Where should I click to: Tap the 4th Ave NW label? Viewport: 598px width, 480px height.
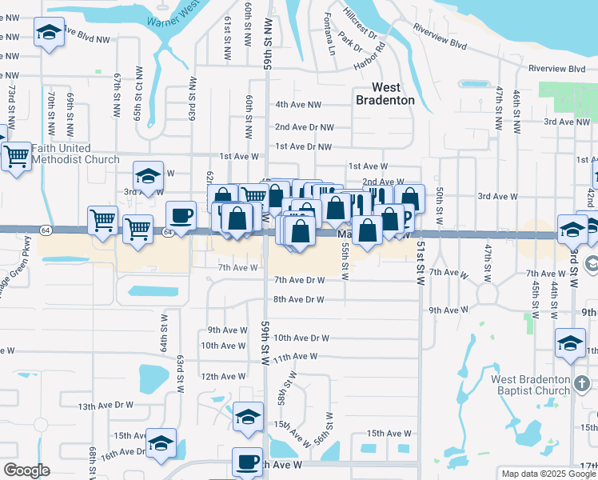tap(298, 105)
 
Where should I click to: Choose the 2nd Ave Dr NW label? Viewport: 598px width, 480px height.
tap(304, 127)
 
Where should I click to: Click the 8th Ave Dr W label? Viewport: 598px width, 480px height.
tap(299, 300)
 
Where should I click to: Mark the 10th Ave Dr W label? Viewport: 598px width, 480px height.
tap(301, 338)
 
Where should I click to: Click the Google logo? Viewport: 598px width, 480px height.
tap(26, 470)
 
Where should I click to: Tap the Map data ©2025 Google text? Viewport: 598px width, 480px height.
tap(548, 474)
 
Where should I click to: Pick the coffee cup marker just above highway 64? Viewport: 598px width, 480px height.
tap(181, 216)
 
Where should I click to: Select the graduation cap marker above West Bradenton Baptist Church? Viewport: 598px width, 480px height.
tap(569, 345)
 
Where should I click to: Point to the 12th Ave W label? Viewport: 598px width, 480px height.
tap(221, 376)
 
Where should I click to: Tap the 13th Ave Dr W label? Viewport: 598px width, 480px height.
tap(106, 406)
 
